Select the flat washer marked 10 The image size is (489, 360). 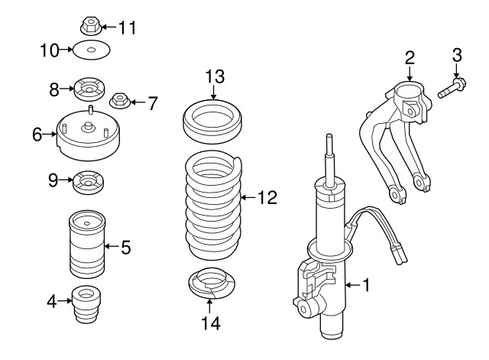pyautogui.click(x=91, y=52)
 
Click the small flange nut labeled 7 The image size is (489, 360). pyautogui.click(x=120, y=100)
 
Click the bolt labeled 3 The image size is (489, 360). pyautogui.click(x=452, y=86)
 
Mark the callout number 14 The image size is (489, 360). pyautogui.click(x=212, y=324)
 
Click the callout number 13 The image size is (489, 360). pyautogui.click(x=215, y=76)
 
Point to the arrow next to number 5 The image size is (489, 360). pyautogui.click(x=108, y=246)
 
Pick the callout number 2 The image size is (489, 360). pyautogui.click(x=410, y=56)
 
